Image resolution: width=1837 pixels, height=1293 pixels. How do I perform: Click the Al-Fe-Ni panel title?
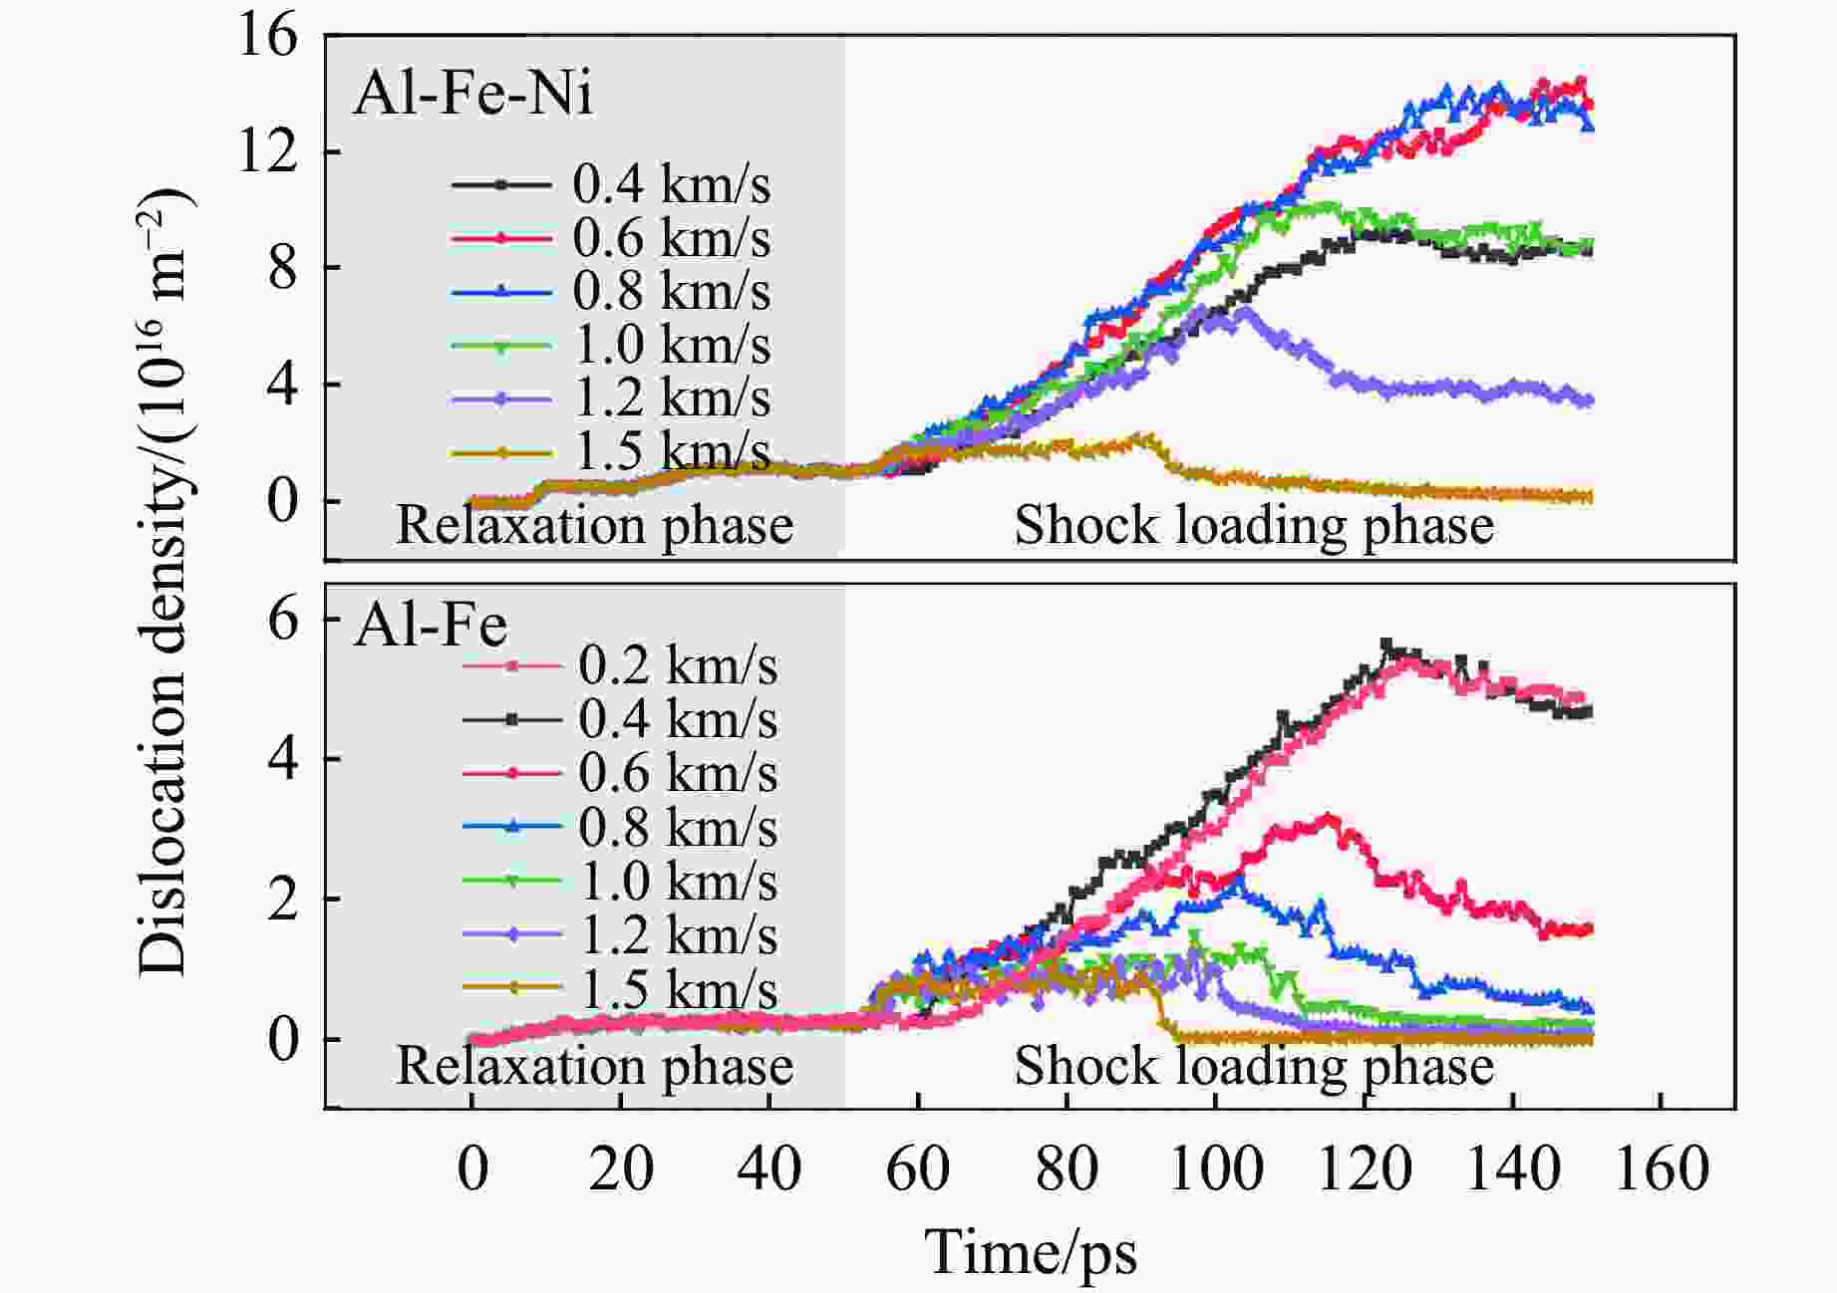[x=472, y=95]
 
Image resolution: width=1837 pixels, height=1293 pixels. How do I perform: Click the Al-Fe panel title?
[x=431, y=626]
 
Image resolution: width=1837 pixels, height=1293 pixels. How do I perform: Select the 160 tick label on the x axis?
[x=1661, y=1168]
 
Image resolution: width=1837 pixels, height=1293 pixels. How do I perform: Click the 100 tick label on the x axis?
[x=1215, y=1168]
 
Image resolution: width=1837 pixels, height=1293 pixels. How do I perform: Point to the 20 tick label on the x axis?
[x=620, y=1168]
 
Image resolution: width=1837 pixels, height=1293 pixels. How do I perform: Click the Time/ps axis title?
[x=1031, y=1251]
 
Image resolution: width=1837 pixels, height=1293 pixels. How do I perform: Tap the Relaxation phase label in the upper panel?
[x=594, y=525]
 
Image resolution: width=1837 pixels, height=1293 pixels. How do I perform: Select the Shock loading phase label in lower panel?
[x=1254, y=1066]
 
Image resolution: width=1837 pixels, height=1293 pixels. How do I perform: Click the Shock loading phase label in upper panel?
[x=1254, y=525]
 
